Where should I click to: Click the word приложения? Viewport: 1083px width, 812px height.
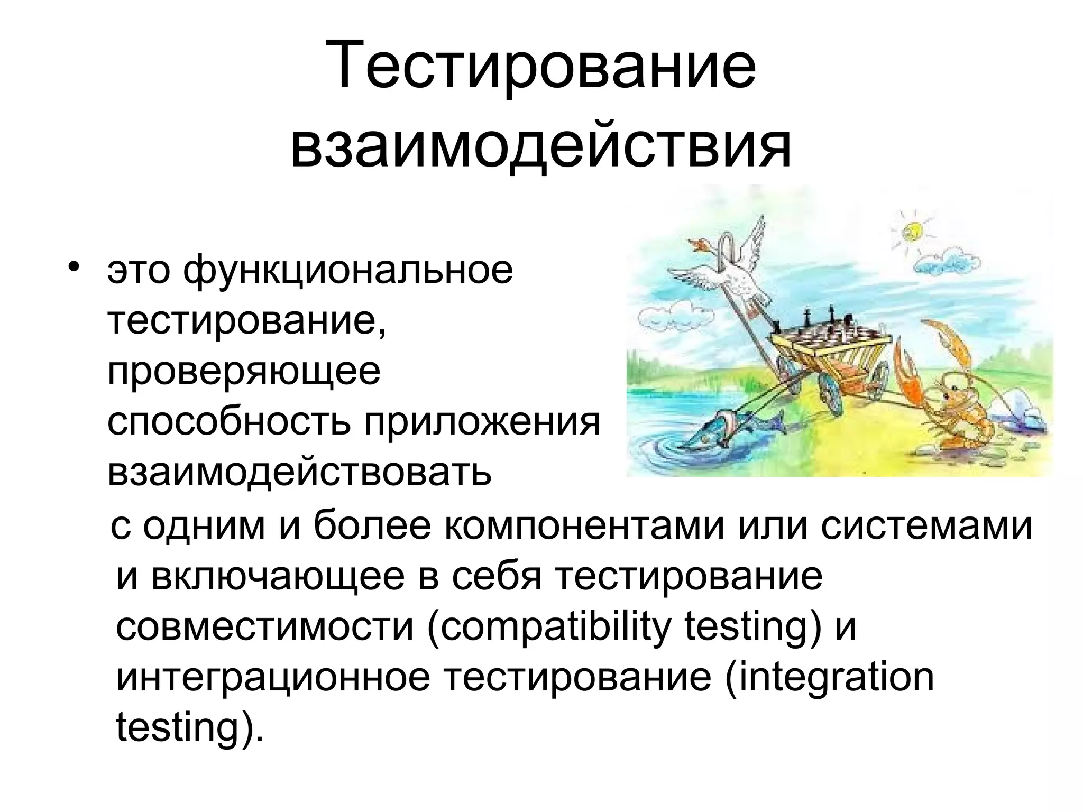tap(482, 422)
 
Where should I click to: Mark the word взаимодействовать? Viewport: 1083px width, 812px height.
tap(299, 472)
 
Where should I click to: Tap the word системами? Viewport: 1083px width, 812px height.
tap(926, 526)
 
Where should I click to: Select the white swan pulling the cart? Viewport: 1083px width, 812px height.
tap(730, 275)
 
